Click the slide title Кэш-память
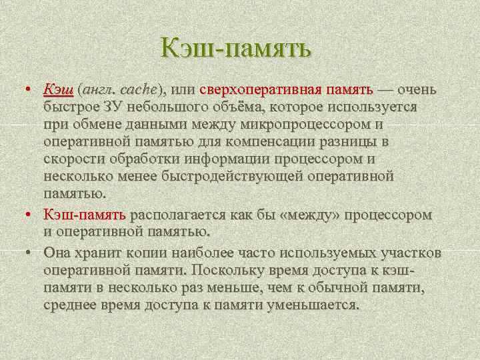tap(236, 48)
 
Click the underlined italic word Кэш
tap(58, 89)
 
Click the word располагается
tap(178, 215)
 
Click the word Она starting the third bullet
tap(56, 253)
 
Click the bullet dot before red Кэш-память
tap(29, 215)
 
